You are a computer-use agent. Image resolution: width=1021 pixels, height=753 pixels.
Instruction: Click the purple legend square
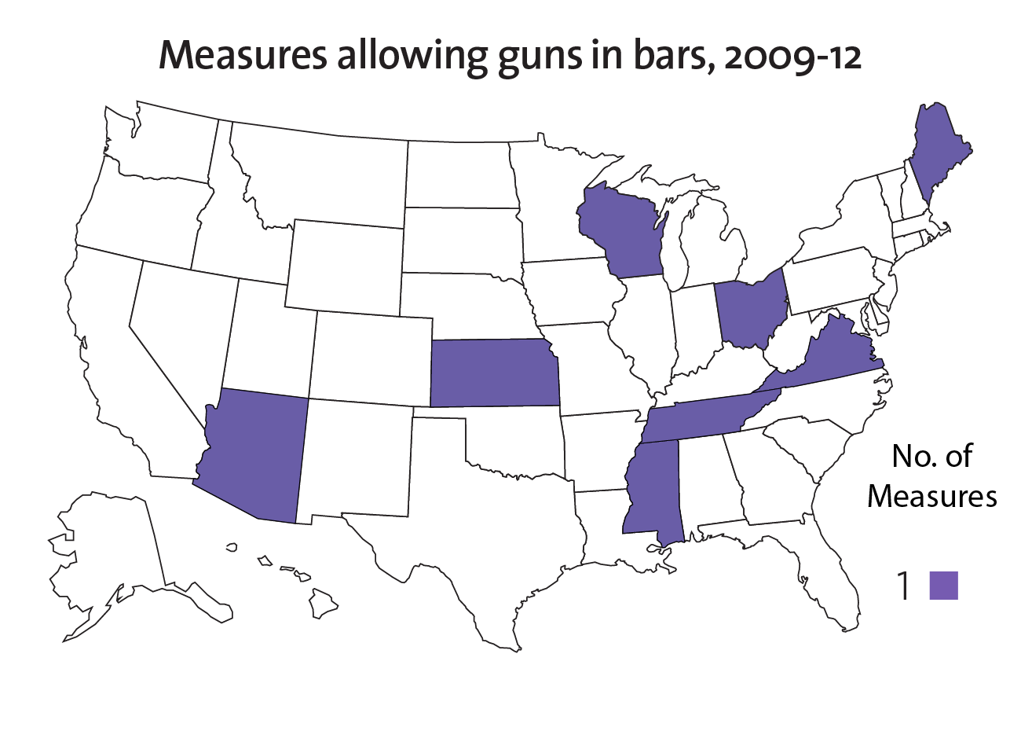pos(943,586)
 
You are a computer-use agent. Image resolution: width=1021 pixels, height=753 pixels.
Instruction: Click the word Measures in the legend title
pos(932,496)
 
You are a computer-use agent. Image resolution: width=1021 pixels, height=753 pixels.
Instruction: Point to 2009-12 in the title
pos(792,57)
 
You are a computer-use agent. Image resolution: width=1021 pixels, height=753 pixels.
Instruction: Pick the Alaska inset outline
pos(110,550)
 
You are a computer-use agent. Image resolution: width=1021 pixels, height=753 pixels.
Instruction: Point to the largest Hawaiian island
pos(323,604)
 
